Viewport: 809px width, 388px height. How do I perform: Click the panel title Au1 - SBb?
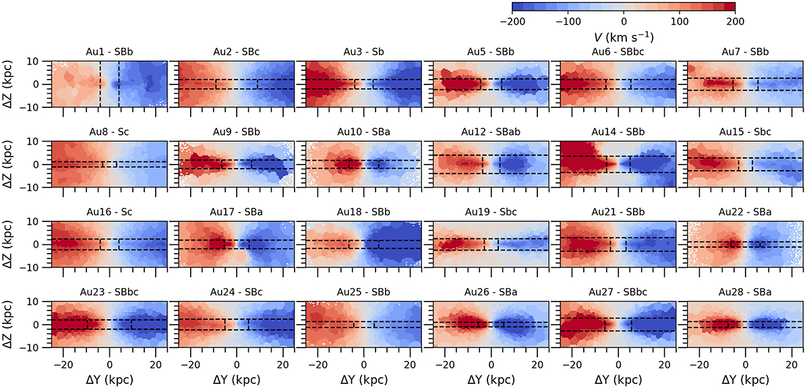[x=109, y=52]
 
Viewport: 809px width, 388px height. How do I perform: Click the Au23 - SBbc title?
[x=109, y=292]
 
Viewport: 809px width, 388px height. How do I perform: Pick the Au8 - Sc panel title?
[x=109, y=132]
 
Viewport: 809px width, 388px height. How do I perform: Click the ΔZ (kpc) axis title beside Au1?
[x=11, y=84]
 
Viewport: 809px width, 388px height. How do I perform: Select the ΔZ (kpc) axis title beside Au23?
[x=11, y=325]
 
